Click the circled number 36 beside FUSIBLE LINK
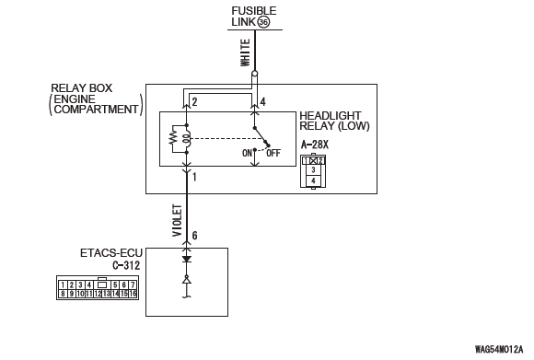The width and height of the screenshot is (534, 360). click(263, 22)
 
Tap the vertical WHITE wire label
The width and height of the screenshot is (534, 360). click(246, 52)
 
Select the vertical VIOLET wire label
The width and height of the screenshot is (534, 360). click(177, 220)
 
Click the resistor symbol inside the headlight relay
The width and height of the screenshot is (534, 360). click(174, 139)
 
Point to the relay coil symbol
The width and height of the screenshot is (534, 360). click(186, 139)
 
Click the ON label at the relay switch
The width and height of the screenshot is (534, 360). click(247, 153)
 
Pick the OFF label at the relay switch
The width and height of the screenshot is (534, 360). click(273, 153)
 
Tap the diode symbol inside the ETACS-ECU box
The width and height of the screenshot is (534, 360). click(186, 260)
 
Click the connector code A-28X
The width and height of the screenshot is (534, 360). click(315, 145)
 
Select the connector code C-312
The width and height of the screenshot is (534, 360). click(126, 265)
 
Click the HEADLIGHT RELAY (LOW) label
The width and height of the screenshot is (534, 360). click(334, 121)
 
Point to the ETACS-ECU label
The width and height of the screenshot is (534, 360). click(111, 253)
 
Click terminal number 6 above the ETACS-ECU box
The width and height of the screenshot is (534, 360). click(194, 236)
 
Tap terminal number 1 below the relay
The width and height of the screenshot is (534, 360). click(194, 177)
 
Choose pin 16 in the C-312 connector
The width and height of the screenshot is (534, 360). click(133, 293)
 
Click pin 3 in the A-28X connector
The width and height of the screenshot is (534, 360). click(313, 169)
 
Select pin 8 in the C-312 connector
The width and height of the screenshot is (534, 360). click(63, 293)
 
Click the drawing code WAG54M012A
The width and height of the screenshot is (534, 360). click(499, 350)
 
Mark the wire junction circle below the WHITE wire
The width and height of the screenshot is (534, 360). click(254, 74)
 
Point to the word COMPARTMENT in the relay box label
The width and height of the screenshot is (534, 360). click(96, 110)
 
